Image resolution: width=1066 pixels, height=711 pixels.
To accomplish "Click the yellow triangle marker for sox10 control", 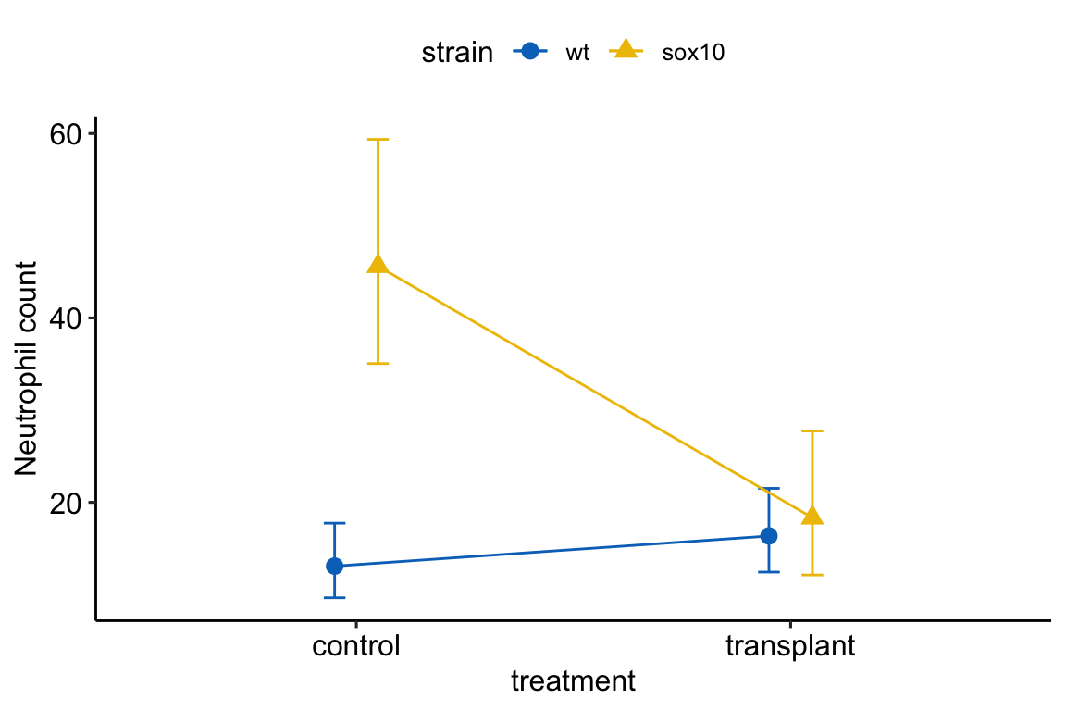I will point(378,265).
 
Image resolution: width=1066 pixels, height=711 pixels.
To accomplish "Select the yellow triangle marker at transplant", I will point(812,516).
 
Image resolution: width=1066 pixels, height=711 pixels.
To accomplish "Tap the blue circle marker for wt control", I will point(335,566).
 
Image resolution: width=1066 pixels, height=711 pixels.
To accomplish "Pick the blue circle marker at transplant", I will point(768,536).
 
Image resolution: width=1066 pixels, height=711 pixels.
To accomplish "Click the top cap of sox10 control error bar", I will point(378,139).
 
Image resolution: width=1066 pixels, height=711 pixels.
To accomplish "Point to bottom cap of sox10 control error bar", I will point(378,363).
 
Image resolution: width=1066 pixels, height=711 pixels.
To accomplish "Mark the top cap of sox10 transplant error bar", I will point(812,431).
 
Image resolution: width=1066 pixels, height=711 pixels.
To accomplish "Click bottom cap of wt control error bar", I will point(335,597).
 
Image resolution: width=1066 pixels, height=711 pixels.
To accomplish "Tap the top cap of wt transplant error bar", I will point(768,488).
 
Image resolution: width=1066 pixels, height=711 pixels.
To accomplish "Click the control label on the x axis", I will point(356,645).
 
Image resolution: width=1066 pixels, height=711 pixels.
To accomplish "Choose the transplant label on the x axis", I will point(790,645).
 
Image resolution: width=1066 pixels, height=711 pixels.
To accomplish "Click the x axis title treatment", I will point(573,682).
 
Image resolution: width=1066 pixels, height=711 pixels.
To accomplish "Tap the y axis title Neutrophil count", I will point(27,368).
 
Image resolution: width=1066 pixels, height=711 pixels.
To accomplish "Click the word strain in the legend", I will point(457,53).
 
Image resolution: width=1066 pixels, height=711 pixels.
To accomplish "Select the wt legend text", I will point(577,53).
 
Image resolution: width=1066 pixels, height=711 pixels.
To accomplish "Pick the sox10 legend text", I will point(692,53).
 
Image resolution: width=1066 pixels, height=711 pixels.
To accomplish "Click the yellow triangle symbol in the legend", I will point(626,50).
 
